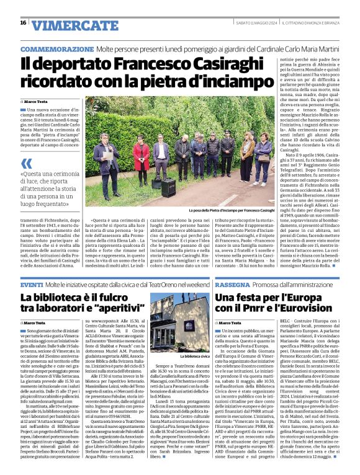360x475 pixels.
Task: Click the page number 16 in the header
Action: pyautogui.click(x=23, y=22)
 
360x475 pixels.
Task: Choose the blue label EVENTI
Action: pyautogui.click(x=31, y=284)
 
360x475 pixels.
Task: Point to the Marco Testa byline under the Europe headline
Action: pyautogui.click(x=230, y=323)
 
